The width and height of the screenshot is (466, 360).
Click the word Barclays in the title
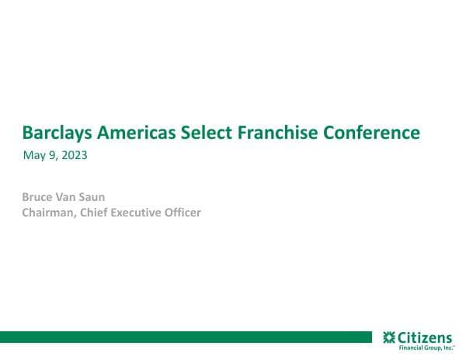tap(56, 133)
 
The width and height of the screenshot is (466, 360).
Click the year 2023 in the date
tap(74, 155)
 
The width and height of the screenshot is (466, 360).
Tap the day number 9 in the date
tap(53, 155)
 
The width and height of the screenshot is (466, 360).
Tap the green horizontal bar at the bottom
tap(186, 337)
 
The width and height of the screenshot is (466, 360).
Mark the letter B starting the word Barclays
tap(28, 133)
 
